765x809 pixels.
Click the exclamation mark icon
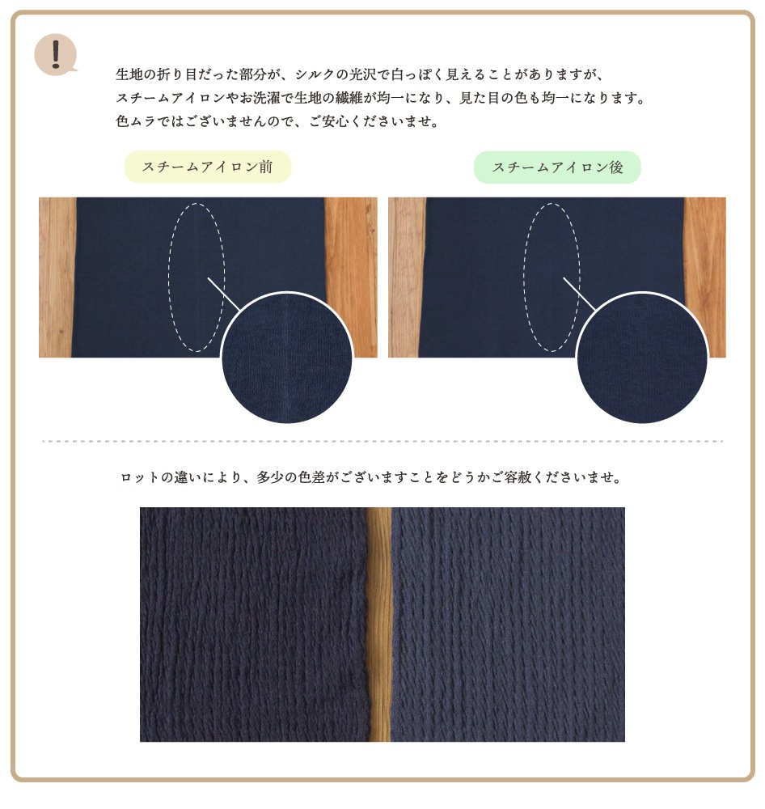pyautogui.click(x=56, y=54)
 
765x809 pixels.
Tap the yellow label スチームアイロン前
pyautogui.click(x=208, y=167)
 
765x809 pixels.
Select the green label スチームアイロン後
pyautogui.click(x=557, y=167)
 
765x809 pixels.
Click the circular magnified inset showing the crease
pyautogui.click(x=287, y=358)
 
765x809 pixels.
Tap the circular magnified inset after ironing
pyautogui.click(x=642, y=358)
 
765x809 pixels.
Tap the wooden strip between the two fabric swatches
pyautogui.click(x=379, y=625)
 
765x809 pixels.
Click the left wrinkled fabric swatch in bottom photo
pyautogui.click(x=254, y=625)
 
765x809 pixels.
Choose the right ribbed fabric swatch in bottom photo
pyautogui.click(x=508, y=625)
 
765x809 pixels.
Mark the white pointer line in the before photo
pyautogui.click(x=224, y=294)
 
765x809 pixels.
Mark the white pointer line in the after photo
pyautogui.click(x=579, y=294)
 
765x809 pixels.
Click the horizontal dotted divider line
pyautogui.click(x=382, y=442)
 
